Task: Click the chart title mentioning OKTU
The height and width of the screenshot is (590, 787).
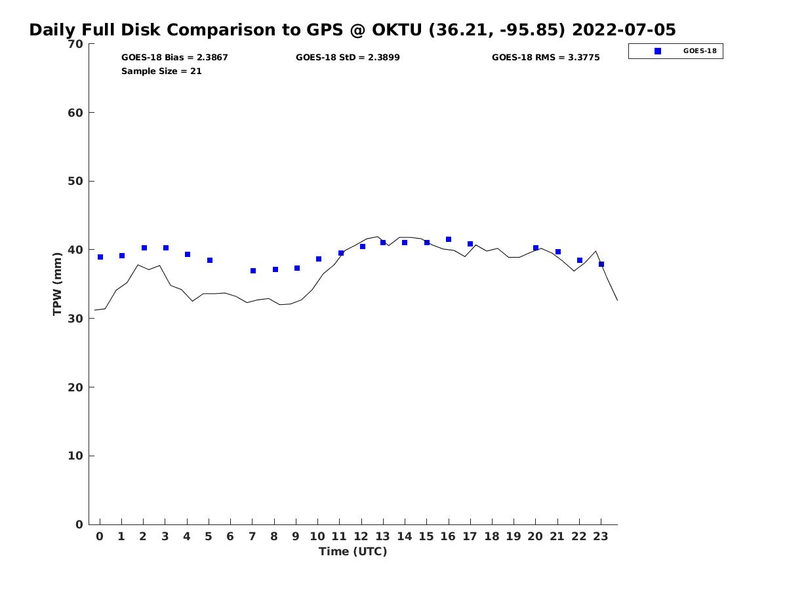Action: (352, 30)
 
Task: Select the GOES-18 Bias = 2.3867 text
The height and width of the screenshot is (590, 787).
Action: (174, 58)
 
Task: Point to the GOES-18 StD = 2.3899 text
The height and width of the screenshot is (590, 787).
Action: (348, 58)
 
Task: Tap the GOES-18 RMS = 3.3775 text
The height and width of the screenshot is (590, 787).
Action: (546, 58)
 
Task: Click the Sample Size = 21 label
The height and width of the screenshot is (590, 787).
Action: (161, 71)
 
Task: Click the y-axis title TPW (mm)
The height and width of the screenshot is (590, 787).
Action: (57, 284)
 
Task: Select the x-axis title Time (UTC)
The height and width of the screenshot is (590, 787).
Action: (353, 551)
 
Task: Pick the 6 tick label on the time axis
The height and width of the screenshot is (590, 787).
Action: (230, 536)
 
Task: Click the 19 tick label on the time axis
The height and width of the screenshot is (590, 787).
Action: (514, 536)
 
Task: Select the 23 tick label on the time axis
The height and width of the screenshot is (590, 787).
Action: (601, 536)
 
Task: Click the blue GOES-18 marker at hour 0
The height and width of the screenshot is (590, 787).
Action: (100, 257)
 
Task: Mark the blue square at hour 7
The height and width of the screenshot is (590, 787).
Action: (253, 271)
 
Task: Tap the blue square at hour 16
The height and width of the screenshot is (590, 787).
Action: (449, 240)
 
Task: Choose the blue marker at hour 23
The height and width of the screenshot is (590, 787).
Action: (601, 264)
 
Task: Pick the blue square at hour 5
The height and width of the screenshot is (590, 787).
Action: (210, 260)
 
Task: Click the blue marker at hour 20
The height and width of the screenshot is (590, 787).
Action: (536, 248)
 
